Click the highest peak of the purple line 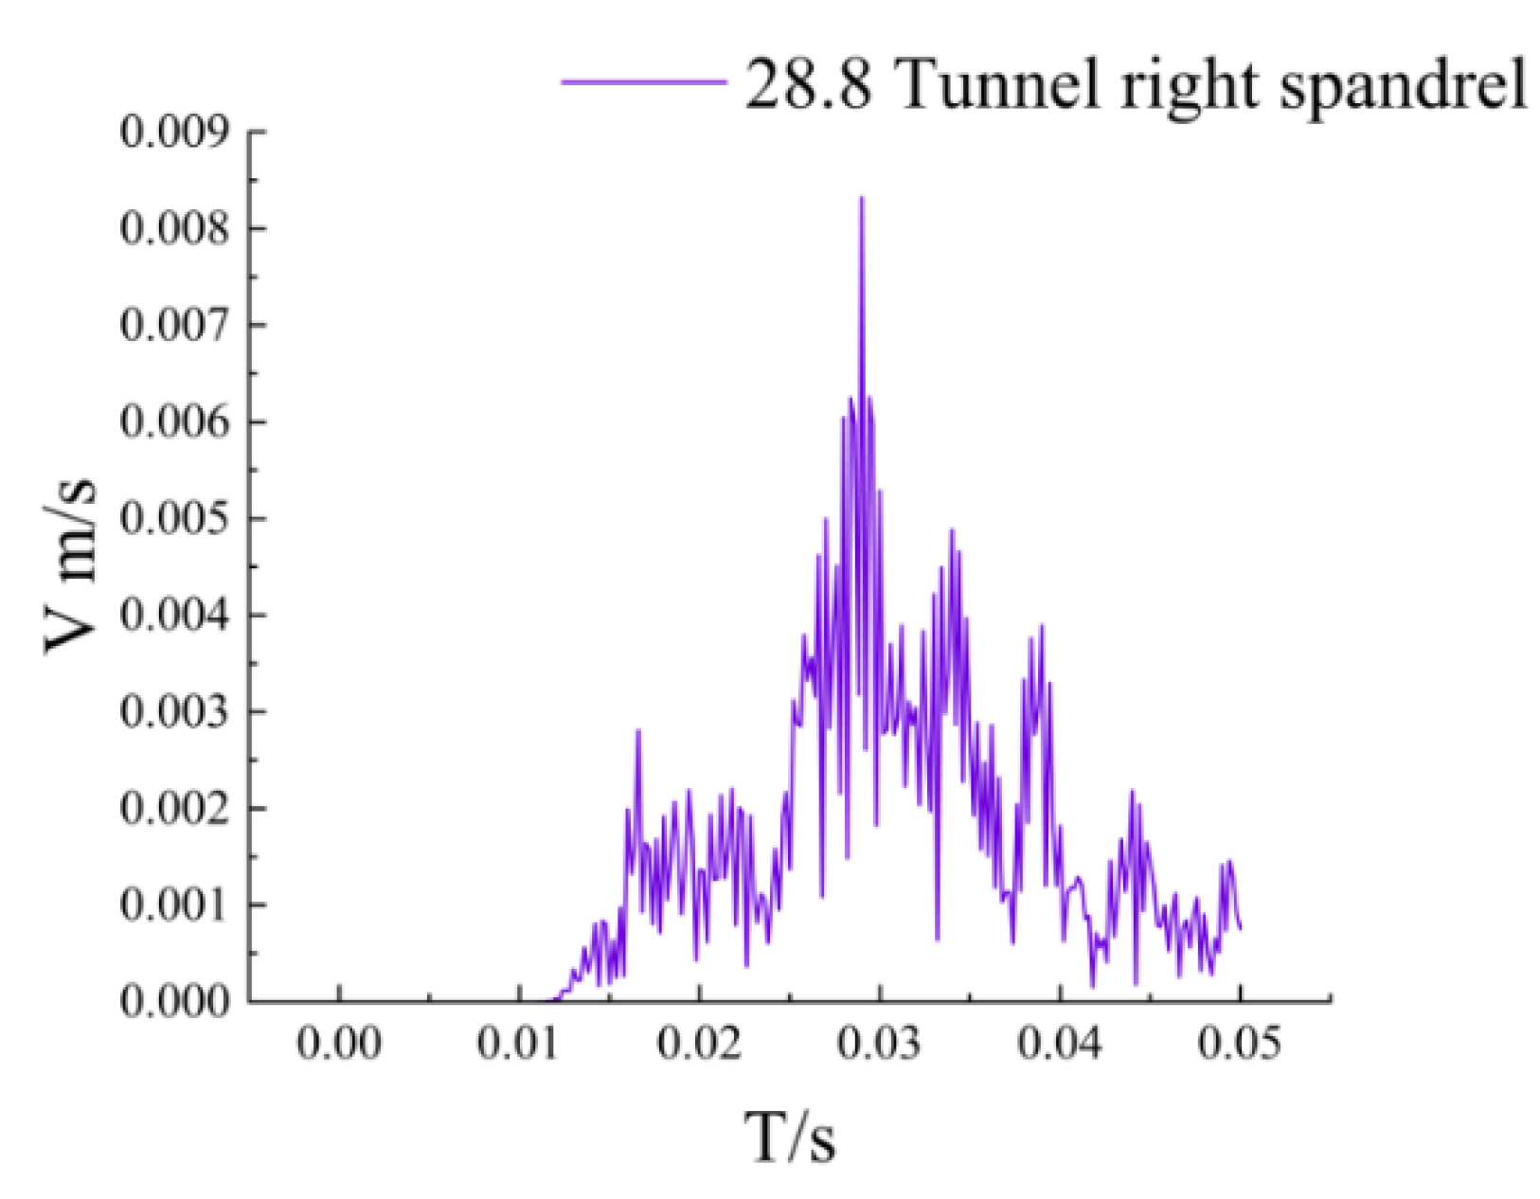coord(861,198)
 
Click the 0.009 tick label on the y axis coord(175,132)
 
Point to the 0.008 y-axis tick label coord(175,228)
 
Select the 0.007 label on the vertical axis coord(175,325)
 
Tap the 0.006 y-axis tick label coord(175,421)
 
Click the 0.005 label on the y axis coord(175,518)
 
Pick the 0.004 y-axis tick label coord(175,616)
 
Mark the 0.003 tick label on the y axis coord(175,712)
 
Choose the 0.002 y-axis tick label coord(175,809)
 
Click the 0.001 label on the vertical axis coord(175,905)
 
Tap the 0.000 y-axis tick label coord(175,1001)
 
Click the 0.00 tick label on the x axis coord(339,1044)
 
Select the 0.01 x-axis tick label coord(519,1044)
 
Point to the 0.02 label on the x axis coord(699,1044)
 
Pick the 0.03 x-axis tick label coord(880,1044)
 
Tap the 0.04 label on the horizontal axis coord(1060,1044)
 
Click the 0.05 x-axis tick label coord(1240,1044)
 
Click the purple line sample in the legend coord(643,82)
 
